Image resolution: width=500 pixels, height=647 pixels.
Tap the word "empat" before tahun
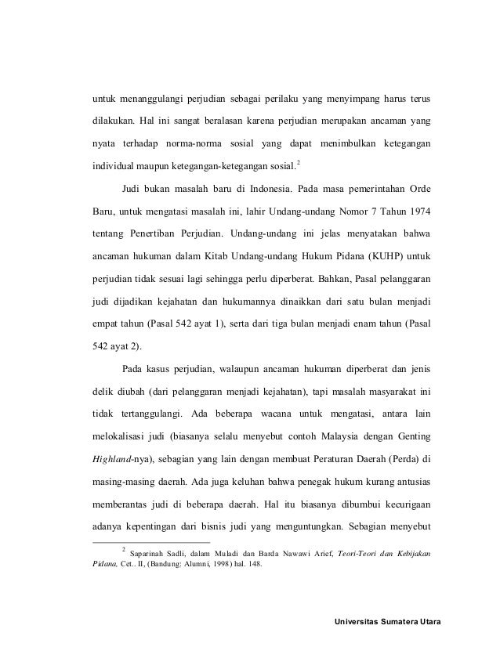pyautogui.click(x=107, y=321)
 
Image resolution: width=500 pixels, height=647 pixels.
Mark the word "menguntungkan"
pyautogui.click(x=310, y=519)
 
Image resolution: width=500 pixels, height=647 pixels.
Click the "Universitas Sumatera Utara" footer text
pyautogui.click(x=387, y=623)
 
